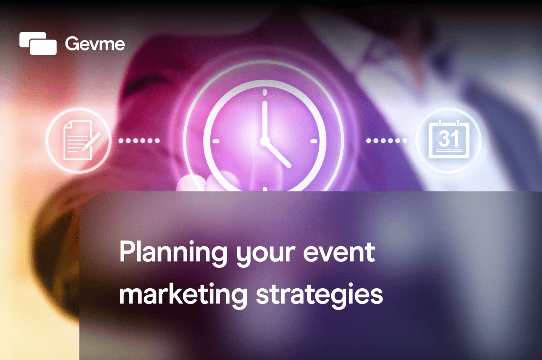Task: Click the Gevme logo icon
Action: click(38, 43)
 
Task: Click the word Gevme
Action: click(95, 44)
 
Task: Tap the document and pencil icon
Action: click(78, 140)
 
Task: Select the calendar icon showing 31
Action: click(448, 140)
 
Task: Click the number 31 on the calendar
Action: click(448, 138)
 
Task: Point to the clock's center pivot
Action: click(265, 141)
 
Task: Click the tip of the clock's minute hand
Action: click(265, 102)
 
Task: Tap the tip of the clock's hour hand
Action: click(289, 166)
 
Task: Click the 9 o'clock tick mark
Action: click(216, 141)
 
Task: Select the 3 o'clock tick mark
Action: click(314, 141)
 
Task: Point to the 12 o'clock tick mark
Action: click(265, 92)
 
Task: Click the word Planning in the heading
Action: click(173, 253)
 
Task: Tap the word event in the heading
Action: click(339, 253)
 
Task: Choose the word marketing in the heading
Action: click(183, 295)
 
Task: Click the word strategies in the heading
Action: click(319, 295)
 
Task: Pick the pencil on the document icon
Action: click(91, 142)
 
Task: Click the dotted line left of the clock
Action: click(139, 140)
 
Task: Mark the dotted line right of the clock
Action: click(387, 140)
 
